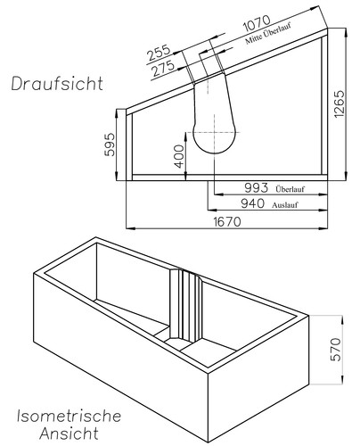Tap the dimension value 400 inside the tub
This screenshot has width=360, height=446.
coord(178,158)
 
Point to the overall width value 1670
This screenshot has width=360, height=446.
coord(228,222)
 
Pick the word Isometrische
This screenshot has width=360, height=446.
coord(70,416)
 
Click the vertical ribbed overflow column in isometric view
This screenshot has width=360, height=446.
coord(187,308)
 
